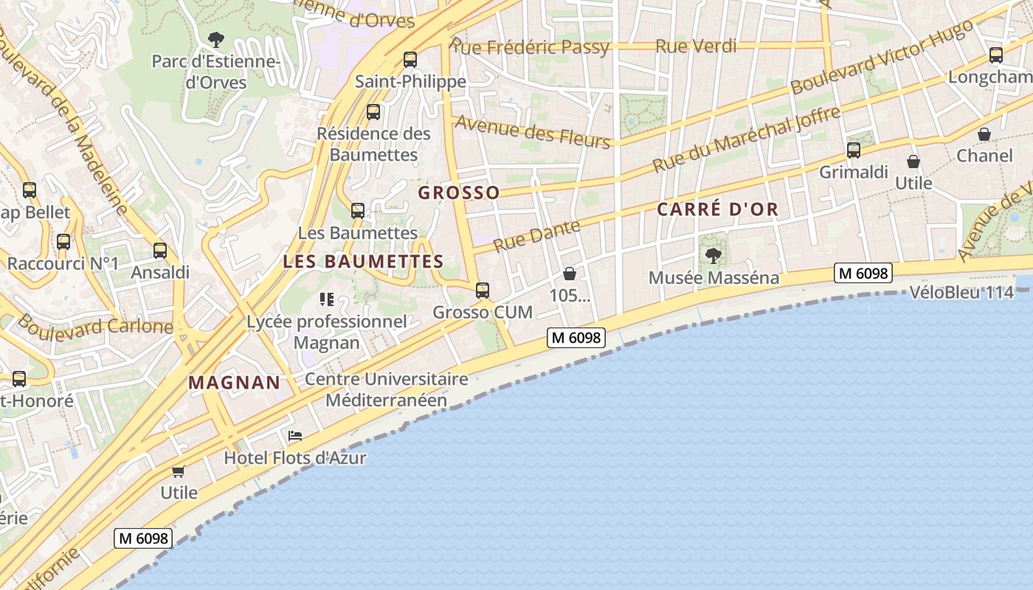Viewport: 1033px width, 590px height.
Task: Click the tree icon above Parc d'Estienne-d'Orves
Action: tap(216, 39)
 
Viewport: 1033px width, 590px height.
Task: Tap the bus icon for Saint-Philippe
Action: tap(410, 60)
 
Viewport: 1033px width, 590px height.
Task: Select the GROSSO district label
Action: tap(459, 193)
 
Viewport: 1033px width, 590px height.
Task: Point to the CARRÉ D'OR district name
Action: tap(717, 209)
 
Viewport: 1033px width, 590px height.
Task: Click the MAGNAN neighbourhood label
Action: tap(234, 383)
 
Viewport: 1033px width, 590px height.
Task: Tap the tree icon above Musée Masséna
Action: tap(713, 256)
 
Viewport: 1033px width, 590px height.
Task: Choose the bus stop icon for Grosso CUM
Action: tap(483, 291)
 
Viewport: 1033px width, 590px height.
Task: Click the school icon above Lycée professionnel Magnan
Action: tap(326, 299)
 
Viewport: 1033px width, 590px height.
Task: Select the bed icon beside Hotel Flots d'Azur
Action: tap(295, 436)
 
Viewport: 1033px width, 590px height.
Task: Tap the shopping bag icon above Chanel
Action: tap(984, 134)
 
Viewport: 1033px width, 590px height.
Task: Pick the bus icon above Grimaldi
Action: tap(854, 150)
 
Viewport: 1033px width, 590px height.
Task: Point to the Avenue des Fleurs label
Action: tap(533, 132)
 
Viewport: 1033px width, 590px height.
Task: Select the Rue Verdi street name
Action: tap(696, 46)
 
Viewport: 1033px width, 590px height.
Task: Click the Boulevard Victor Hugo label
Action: tap(881, 58)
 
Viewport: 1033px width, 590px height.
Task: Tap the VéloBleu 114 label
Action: tap(961, 293)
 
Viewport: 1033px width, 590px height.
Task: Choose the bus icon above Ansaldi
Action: tap(160, 251)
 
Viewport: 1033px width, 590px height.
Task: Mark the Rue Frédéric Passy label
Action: tap(531, 48)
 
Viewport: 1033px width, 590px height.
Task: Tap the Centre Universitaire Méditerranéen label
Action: tap(387, 389)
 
